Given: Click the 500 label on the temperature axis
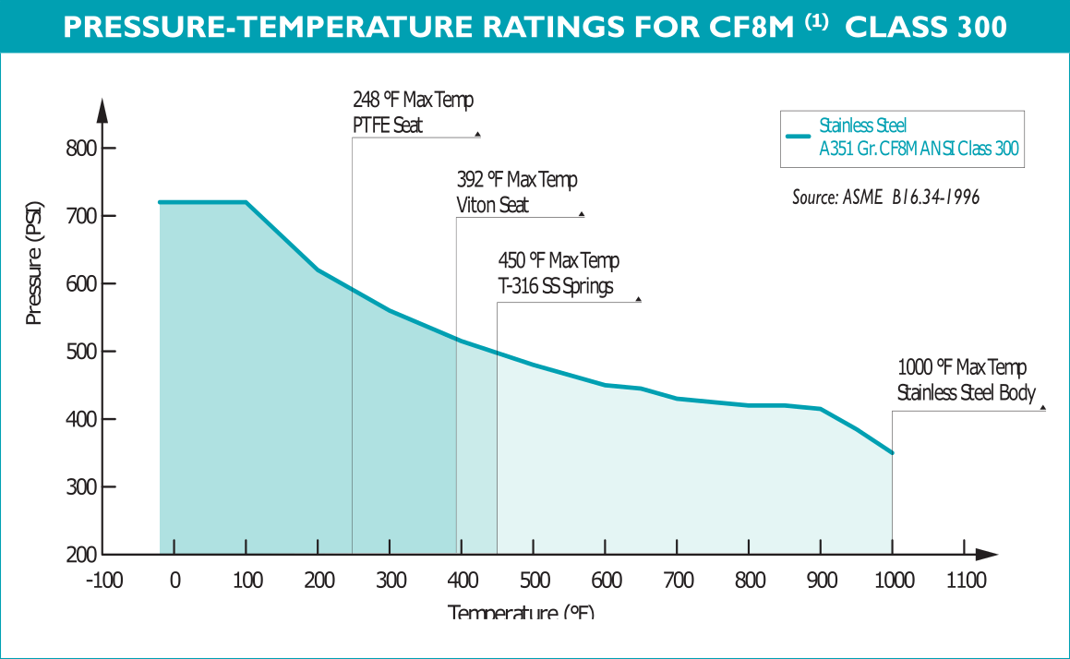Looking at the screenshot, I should click(x=535, y=581).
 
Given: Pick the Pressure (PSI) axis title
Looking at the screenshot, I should click(x=34, y=277).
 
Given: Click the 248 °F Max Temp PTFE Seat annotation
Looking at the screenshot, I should click(x=413, y=112).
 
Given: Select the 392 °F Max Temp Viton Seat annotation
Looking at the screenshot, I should click(x=517, y=192).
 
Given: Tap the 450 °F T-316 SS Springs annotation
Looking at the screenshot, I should click(x=558, y=273).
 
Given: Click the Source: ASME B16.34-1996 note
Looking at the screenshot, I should click(x=885, y=197).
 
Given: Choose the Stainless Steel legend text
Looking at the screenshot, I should click(x=863, y=126).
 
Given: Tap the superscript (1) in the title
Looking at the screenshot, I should click(x=815, y=21).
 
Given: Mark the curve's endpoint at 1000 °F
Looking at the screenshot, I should click(x=892, y=452).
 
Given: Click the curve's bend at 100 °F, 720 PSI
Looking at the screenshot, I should click(x=246, y=202).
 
